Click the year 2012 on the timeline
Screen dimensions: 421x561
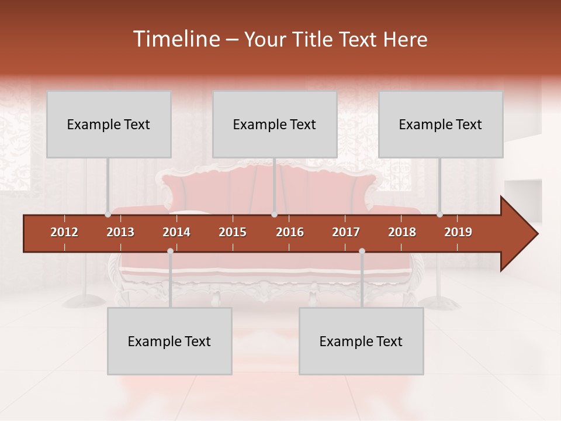click(x=64, y=232)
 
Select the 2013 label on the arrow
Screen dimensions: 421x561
click(x=120, y=232)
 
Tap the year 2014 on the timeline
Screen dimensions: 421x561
click(x=176, y=232)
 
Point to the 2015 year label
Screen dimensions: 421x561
click(x=233, y=232)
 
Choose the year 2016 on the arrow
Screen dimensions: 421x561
click(x=290, y=232)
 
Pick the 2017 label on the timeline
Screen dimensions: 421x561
click(x=346, y=232)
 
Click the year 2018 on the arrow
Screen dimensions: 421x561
click(x=402, y=232)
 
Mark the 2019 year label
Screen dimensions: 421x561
click(x=458, y=232)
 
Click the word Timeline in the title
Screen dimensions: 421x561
click(x=175, y=39)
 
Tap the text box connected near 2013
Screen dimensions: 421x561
click(x=109, y=124)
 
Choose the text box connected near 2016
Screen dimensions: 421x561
click(x=275, y=124)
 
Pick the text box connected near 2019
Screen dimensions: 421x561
click(x=441, y=124)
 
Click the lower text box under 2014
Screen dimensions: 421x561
click(x=169, y=341)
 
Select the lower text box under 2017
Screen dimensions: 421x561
click(x=361, y=341)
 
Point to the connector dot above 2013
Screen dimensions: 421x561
click(x=108, y=215)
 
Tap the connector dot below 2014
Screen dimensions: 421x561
click(x=170, y=251)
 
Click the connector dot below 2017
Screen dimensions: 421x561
click(x=362, y=251)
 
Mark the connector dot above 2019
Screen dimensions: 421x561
click(x=440, y=215)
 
